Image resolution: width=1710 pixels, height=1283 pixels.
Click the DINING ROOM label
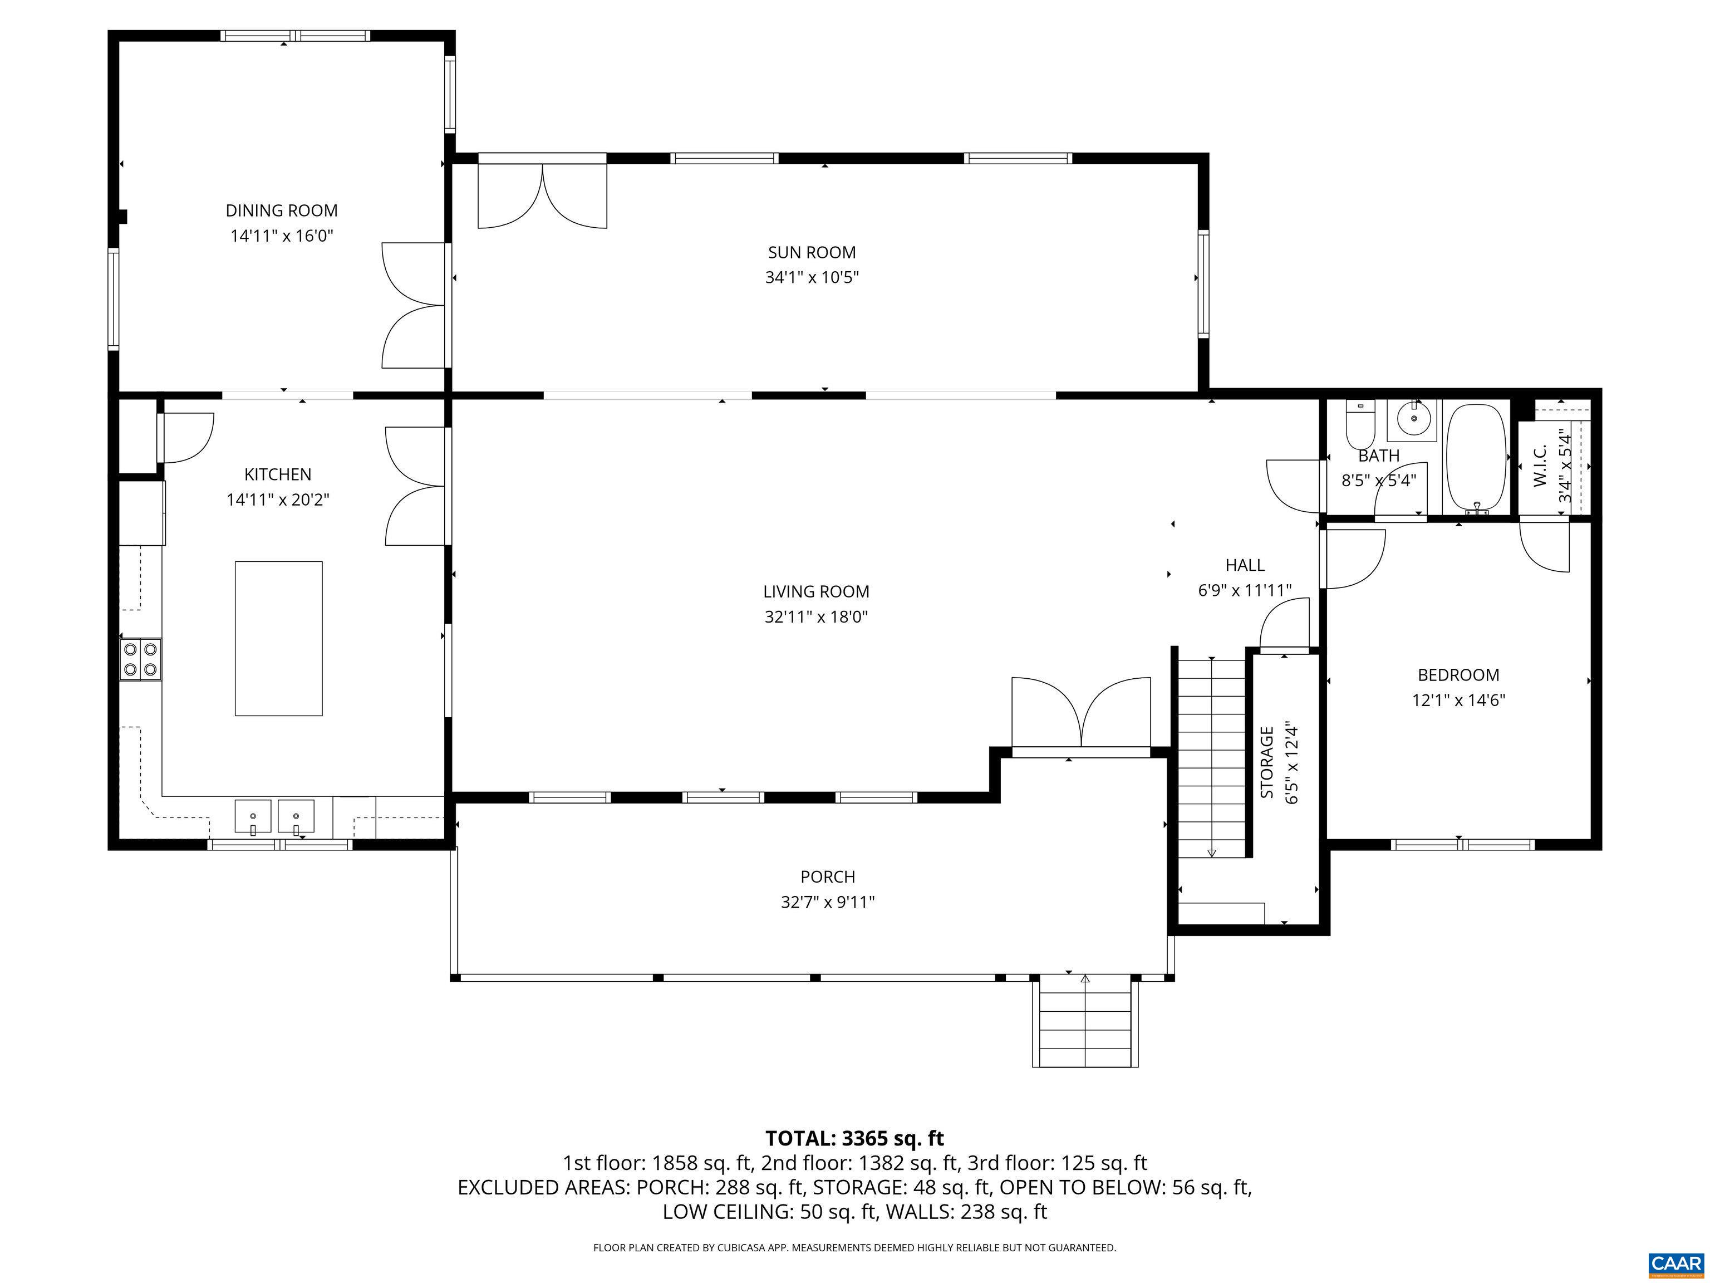point(282,210)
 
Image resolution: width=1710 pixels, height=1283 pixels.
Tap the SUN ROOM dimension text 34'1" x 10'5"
point(812,277)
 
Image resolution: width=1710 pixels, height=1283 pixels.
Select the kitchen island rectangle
point(278,639)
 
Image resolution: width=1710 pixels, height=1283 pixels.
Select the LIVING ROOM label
point(817,591)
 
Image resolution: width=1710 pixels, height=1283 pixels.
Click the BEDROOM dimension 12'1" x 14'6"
point(1459,701)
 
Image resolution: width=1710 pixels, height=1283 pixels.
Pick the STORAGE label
point(1266,762)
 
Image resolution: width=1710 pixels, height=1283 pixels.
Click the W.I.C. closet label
point(1539,466)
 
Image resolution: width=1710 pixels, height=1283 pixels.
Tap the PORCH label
point(828,877)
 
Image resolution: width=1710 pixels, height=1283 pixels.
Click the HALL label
point(1245,565)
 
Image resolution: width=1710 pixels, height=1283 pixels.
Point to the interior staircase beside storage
point(1211,756)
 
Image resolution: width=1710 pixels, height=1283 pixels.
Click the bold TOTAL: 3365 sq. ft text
point(854,1138)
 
